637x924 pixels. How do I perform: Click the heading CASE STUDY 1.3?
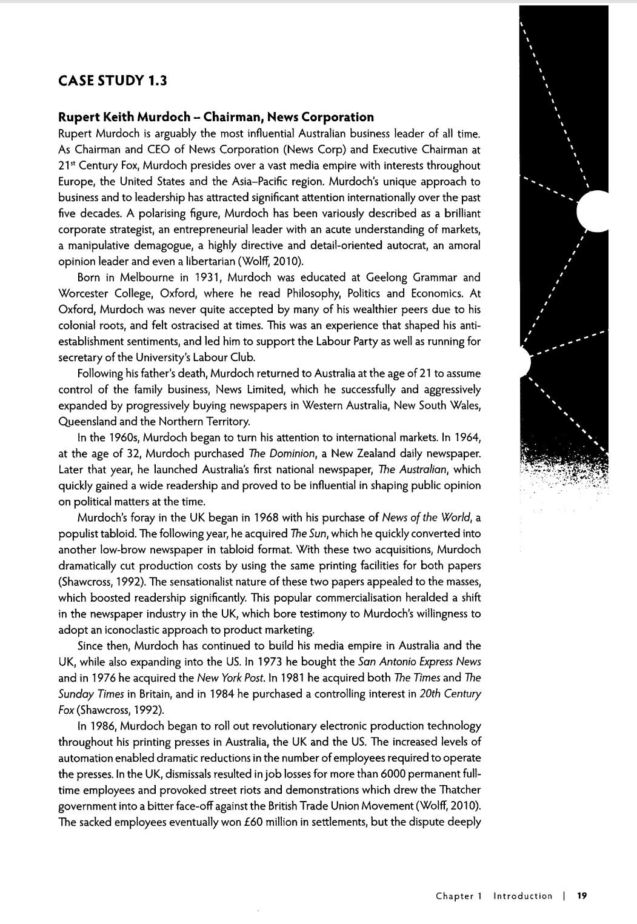tap(112, 81)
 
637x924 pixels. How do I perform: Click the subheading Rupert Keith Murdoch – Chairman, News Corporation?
tap(216, 117)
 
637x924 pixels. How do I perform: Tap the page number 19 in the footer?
tap(582, 896)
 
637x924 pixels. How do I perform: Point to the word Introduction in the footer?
tap(522, 896)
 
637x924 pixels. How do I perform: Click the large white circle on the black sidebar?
tap(594, 211)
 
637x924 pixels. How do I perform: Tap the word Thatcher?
tap(456, 790)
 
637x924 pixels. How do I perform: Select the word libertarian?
tap(205, 261)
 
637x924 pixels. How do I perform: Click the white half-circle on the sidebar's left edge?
tap(525, 362)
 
